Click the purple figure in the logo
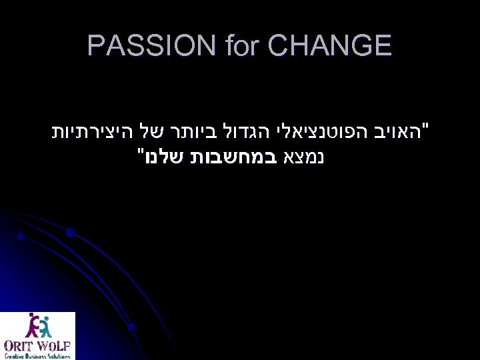31,326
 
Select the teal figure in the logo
45,325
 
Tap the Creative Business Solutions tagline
37,355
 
